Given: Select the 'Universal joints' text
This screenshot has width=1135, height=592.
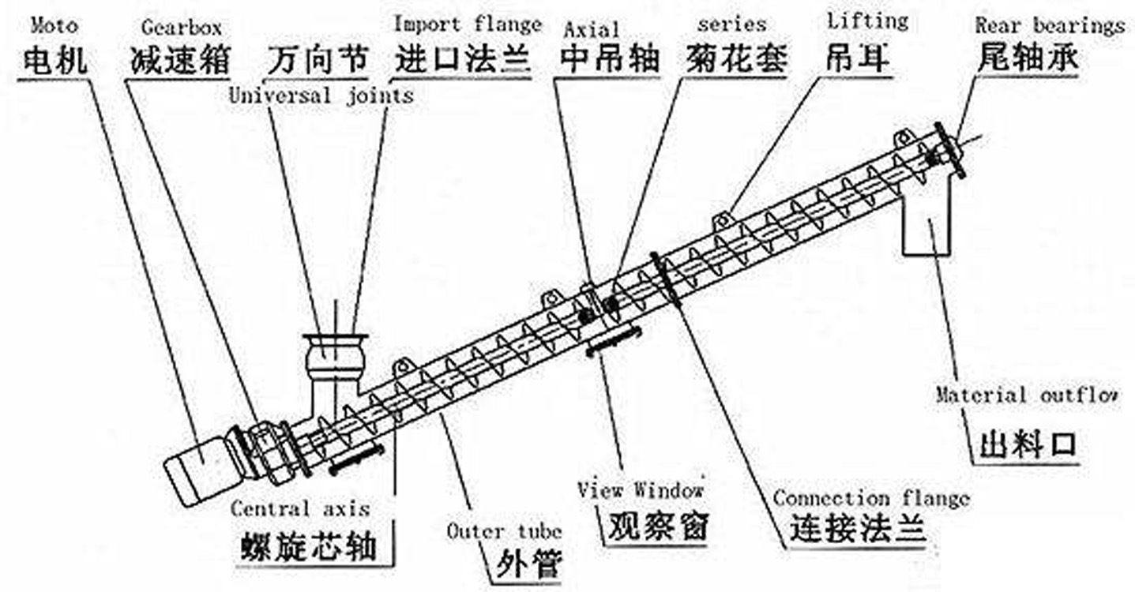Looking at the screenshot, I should (x=321, y=96).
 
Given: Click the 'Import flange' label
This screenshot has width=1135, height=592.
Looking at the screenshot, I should (x=468, y=24).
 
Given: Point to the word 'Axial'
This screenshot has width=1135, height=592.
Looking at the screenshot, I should (x=591, y=30).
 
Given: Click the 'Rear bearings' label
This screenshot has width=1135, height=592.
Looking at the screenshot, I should (x=1050, y=25).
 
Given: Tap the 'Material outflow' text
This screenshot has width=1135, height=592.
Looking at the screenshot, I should (x=1026, y=395).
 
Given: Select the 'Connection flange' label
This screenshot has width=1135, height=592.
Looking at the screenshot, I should (x=870, y=498).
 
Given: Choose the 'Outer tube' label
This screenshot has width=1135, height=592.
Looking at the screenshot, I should (x=504, y=530).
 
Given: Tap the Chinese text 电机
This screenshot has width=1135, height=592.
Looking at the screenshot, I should (x=54, y=60).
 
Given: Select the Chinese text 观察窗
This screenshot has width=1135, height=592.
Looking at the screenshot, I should (x=656, y=526).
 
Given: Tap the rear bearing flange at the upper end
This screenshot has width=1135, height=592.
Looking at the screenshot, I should (x=949, y=150).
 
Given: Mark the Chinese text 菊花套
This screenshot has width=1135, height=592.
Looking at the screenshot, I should (x=737, y=59).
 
